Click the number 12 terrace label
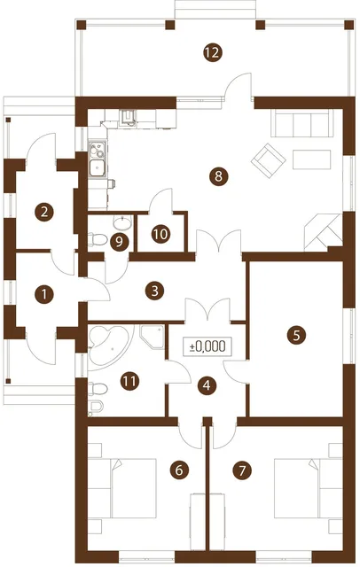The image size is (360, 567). pyautogui.click(x=213, y=53)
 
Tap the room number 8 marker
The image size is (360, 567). pyautogui.click(x=218, y=177)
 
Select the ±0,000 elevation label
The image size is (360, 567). pyautogui.click(x=207, y=346)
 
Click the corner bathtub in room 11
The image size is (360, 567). pyautogui.click(x=108, y=345)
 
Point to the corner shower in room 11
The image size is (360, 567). pyautogui.click(x=152, y=337)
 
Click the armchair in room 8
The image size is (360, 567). pyautogui.click(x=268, y=161)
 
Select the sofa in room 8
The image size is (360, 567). pyautogui.click(x=302, y=123)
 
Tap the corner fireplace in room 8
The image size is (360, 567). pyautogui.click(x=324, y=232)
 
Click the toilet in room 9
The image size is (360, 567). pyautogui.click(x=98, y=238)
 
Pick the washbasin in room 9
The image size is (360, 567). pyautogui.click(x=123, y=222)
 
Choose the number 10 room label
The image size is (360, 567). pyautogui.click(x=160, y=234)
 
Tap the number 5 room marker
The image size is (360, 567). pyautogui.click(x=296, y=335)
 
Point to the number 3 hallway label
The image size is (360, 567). pyautogui.click(x=155, y=291)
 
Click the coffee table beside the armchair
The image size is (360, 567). pyautogui.click(x=312, y=159)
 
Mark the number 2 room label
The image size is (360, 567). pyautogui.click(x=44, y=212)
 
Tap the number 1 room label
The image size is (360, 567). pyautogui.click(x=44, y=294)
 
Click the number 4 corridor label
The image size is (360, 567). pyautogui.click(x=207, y=385)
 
